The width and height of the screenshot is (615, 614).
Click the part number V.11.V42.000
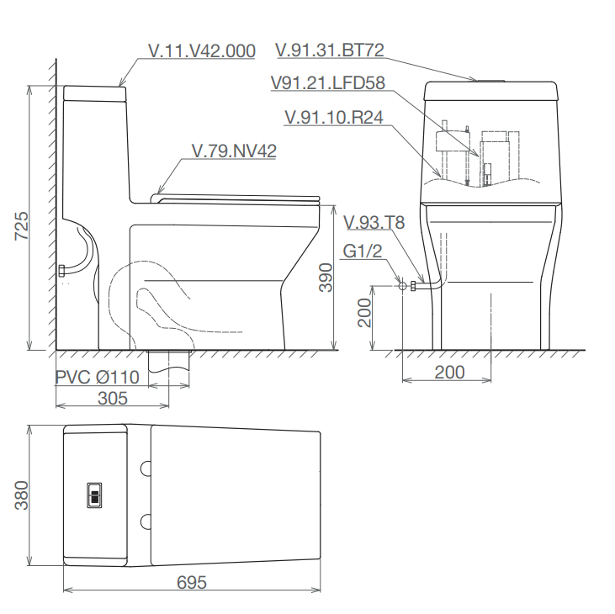202,51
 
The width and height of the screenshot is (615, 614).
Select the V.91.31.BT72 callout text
330,50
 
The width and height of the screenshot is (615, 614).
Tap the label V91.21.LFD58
328,82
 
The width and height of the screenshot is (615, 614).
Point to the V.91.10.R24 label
334,117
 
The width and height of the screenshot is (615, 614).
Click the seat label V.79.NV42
234,151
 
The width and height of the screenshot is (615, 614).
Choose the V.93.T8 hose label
374,222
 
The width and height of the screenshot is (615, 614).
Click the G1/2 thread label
362,251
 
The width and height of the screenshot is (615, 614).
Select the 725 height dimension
22,226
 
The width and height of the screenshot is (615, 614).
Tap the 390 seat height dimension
326,278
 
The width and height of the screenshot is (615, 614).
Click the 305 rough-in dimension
113,399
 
